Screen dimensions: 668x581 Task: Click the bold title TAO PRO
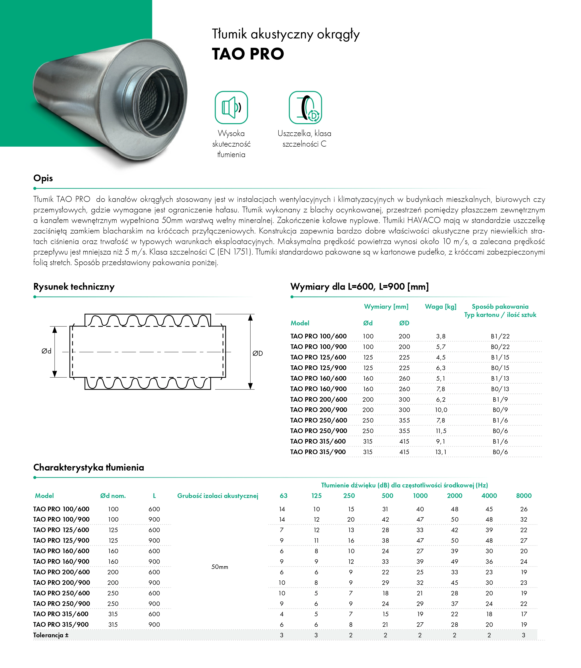pyautogui.click(x=248, y=54)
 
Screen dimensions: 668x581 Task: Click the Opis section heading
pyautogui.click(x=43, y=178)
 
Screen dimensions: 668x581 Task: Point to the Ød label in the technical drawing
pyautogui.click(x=46, y=351)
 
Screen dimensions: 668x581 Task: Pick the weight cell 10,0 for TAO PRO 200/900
pyautogui.click(x=441, y=410)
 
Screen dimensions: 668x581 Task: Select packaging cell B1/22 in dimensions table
pyautogui.click(x=500, y=336)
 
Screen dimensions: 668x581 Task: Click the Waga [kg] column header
pyautogui.click(x=441, y=306)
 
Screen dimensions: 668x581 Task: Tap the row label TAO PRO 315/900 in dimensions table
pyautogui.click(x=318, y=452)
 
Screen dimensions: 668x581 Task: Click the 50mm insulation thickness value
pyautogui.click(x=219, y=567)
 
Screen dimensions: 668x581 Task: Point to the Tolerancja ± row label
pyautogui.click(x=51, y=635)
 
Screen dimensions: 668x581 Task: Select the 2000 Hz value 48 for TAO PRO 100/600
pyautogui.click(x=455, y=509)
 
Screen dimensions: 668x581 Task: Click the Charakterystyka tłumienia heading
pyautogui.click(x=89, y=467)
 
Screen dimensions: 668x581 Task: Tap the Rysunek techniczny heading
pyautogui.click(x=74, y=287)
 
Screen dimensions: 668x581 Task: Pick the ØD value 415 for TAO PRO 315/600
pyautogui.click(x=404, y=441)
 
